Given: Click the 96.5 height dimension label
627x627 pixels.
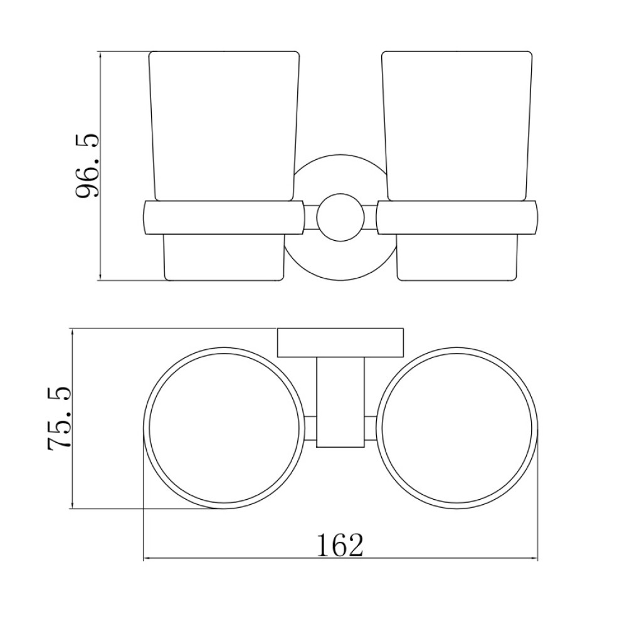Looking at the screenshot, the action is (x=87, y=166).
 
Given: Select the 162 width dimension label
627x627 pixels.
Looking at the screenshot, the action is (x=340, y=545).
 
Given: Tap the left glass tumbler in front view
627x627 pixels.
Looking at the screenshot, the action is (x=224, y=125).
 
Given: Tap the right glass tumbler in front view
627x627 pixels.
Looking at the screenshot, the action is (x=456, y=125).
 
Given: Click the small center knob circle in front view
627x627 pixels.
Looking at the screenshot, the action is (x=340, y=217).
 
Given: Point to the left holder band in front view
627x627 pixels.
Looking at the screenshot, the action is (x=223, y=217).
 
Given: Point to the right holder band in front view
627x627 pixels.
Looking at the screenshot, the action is (x=457, y=217).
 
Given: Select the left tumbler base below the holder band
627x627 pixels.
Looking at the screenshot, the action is (x=224, y=258).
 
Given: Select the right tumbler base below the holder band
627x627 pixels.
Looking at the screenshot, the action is (x=457, y=258).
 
